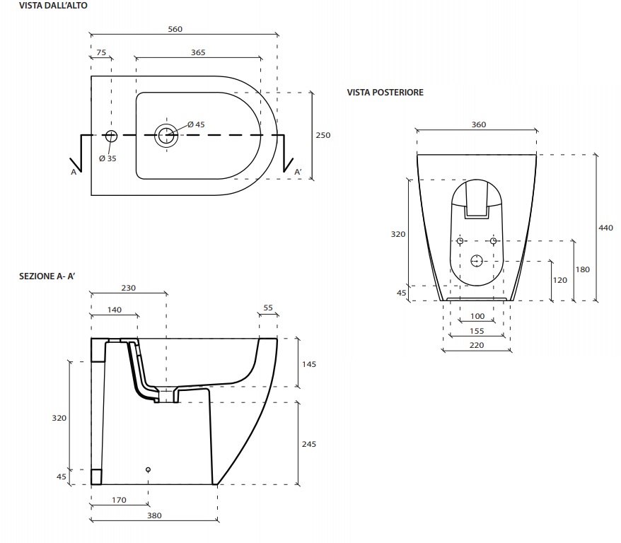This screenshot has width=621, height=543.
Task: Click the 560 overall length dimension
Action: tap(175, 29)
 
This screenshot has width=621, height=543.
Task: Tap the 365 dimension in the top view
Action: tap(198, 52)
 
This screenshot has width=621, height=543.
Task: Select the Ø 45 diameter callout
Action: tap(196, 124)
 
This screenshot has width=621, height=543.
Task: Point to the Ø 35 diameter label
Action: tap(108, 158)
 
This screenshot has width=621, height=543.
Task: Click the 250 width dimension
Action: tap(323, 135)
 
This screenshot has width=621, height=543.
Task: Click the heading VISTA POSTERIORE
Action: tap(385, 93)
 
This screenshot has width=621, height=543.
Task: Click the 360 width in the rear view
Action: tap(478, 124)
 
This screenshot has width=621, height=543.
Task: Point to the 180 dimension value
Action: tap(582, 269)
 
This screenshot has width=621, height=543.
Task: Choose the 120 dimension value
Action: tap(559, 280)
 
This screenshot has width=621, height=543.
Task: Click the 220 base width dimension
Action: tap(477, 345)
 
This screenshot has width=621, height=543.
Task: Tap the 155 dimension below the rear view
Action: tap(477, 331)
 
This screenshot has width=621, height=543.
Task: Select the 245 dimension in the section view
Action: tap(308, 444)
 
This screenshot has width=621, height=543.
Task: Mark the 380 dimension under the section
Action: tap(154, 515)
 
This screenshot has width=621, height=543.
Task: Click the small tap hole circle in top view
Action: tap(110, 135)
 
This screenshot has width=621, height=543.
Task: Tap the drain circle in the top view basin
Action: tap(166, 134)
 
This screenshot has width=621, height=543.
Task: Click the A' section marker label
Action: tap(298, 172)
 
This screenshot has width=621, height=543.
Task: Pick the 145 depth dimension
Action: tap(308, 363)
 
